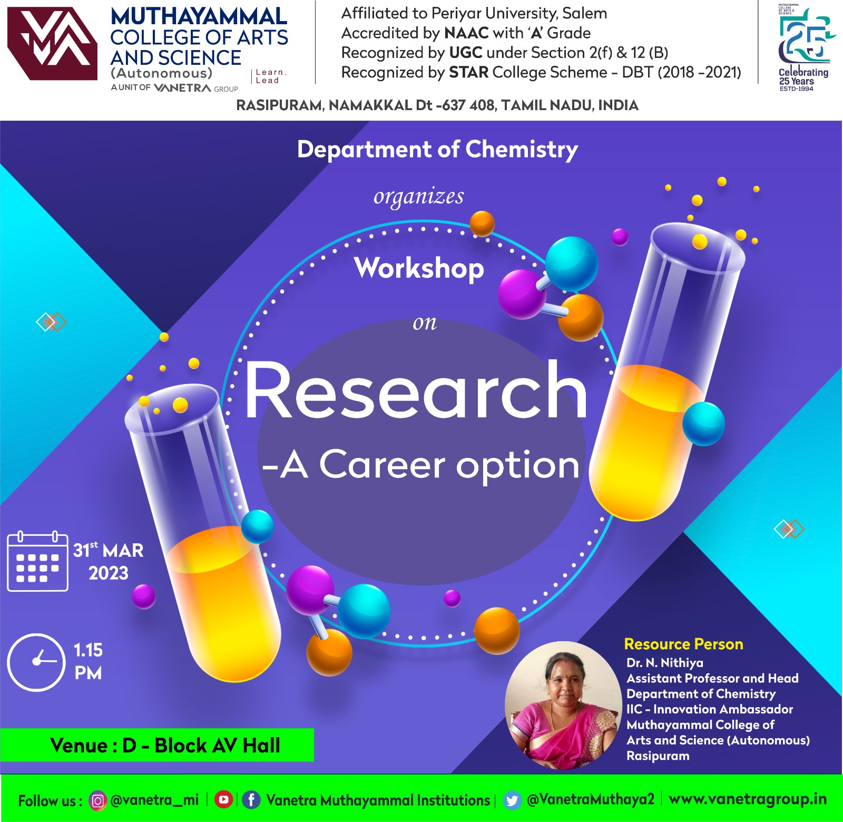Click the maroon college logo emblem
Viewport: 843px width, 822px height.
click(x=52, y=44)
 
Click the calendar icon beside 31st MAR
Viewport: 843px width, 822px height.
click(x=37, y=561)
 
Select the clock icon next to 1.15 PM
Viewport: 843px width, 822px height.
click(x=36, y=662)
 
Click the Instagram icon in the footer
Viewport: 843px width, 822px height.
click(x=97, y=800)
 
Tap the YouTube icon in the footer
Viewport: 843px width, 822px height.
click(x=223, y=800)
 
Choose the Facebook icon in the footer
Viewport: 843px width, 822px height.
click(x=251, y=800)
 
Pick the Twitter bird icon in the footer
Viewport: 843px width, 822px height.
click(x=512, y=800)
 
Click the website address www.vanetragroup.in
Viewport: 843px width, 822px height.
click(x=748, y=799)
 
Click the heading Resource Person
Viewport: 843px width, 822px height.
click(x=683, y=644)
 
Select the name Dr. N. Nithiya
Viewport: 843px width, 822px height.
click(x=664, y=662)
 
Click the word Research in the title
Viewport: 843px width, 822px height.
click(x=416, y=390)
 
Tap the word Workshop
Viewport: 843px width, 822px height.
click(x=419, y=269)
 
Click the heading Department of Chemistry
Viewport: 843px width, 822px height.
click(x=437, y=150)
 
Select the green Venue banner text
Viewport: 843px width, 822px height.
click(x=165, y=745)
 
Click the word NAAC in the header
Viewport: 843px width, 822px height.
click(x=466, y=33)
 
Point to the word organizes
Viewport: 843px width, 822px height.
click(x=419, y=197)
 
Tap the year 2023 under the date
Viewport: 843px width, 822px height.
click(x=109, y=573)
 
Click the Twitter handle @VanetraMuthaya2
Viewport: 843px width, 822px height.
click(x=590, y=799)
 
